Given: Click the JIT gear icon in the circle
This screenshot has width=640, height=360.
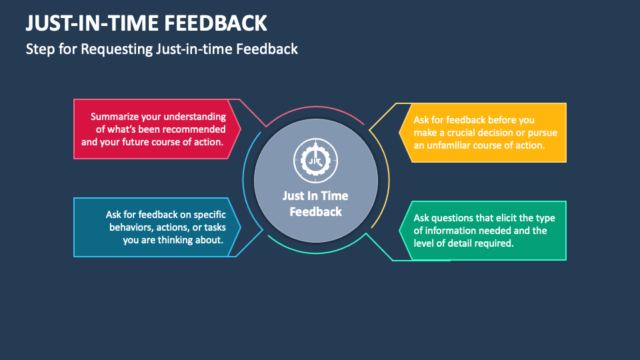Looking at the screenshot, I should [x=315, y=161].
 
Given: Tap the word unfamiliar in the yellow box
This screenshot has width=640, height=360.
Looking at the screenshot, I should [x=453, y=145].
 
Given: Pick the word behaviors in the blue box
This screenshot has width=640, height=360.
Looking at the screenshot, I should [x=133, y=227].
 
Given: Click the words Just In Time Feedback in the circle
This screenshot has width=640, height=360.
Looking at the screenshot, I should [x=315, y=203].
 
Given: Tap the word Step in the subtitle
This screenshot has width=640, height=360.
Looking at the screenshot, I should [x=38, y=49].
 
